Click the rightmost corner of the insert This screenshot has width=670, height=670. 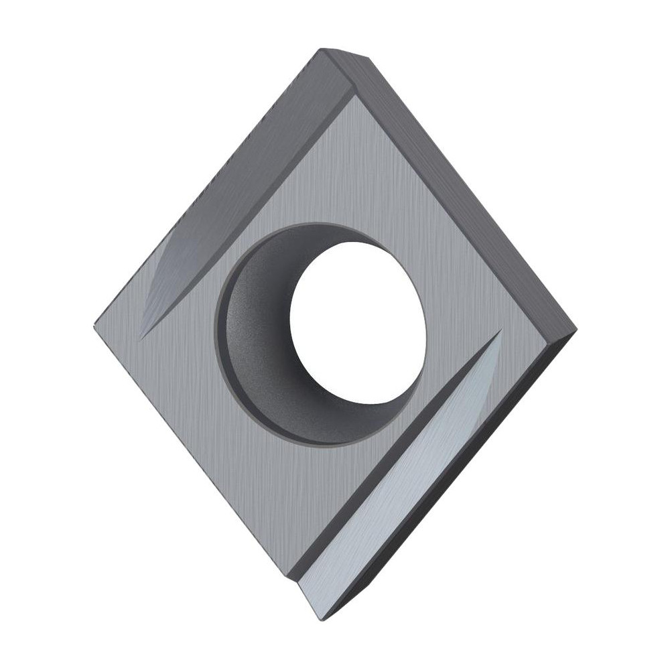point(575,330)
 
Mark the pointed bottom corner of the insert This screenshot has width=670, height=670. point(324,618)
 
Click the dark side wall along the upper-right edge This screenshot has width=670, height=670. point(469,188)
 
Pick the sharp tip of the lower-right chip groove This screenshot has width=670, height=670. point(501,329)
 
